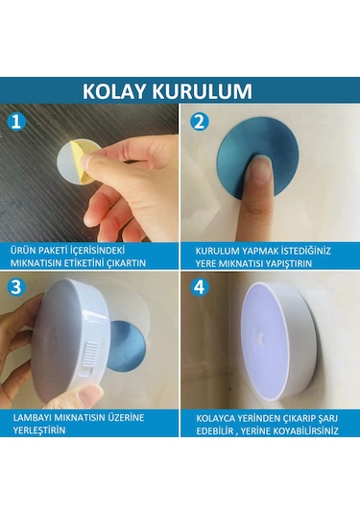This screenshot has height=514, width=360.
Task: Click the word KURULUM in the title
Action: (x=207, y=91)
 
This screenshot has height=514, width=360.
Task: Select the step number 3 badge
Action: (x=16, y=288)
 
